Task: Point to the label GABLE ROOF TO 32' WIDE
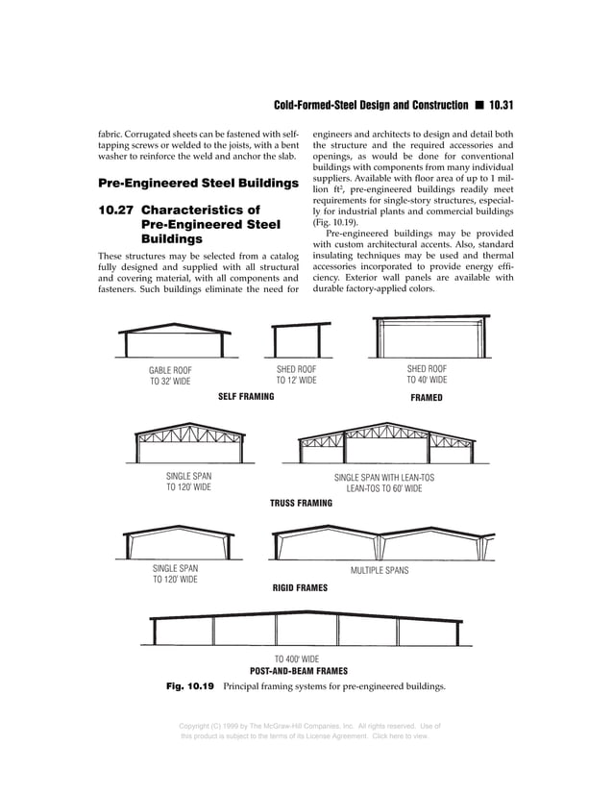[x=170, y=375]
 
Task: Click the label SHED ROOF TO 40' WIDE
[x=427, y=374]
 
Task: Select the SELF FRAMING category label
[x=246, y=397]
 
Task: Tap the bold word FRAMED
[x=427, y=397]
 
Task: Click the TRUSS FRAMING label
[x=301, y=503]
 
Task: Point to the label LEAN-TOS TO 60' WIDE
[x=384, y=488]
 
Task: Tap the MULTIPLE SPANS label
[x=380, y=570]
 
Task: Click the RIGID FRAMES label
[x=300, y=586]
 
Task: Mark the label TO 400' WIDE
[x=297, y=658]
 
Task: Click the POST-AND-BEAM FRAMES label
[x=298, y=671]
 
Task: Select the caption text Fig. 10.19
[x=188, y=687]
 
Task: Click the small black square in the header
[x=478, y=104]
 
